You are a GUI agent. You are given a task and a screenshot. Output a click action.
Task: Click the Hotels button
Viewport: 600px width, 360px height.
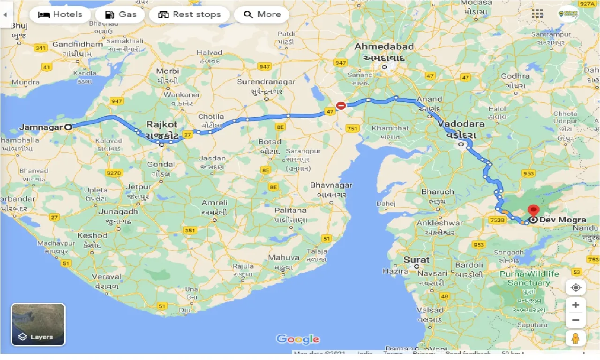(x=60, y=15)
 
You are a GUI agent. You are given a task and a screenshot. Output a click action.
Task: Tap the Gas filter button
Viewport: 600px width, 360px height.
(x=121, y=15)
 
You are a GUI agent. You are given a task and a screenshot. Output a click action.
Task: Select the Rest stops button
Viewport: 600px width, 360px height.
(x=189, y=15)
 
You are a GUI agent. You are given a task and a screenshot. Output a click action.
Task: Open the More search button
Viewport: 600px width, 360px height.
(x=262, y=15)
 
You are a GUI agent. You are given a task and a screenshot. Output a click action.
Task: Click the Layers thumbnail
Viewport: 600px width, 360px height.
(x=38, y=324)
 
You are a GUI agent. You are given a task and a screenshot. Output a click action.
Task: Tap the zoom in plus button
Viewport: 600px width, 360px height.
(x=576, y=305)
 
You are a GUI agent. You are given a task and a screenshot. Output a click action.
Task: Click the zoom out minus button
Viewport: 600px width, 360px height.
(x=576, y=321)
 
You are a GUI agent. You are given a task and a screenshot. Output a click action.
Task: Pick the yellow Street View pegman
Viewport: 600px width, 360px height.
(x=576, y=338)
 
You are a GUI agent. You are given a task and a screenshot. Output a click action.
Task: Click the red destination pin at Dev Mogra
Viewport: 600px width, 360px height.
(x=533, y=210)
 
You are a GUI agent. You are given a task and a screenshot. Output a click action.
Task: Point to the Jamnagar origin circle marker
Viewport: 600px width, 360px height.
(x=68, y=127)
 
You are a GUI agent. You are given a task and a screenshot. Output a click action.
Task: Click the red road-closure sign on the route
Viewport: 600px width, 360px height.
(x=341, y=106)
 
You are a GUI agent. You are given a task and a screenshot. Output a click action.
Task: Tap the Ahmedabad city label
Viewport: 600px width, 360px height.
(x=384, y=47)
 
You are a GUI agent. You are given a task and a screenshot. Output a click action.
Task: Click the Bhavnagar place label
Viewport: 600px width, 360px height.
(x=331, y=186)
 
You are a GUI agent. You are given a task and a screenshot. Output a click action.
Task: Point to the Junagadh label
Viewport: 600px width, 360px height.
(x=119, y=211)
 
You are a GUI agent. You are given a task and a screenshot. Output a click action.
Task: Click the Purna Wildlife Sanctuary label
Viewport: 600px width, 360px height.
(x=529, y=278)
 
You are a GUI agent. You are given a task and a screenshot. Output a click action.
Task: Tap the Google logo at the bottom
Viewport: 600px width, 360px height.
(x=298, y=339)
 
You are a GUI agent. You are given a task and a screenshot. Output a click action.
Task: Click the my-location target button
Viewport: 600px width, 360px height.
(x=576, y=287)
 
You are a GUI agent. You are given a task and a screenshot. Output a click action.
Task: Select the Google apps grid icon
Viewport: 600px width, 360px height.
(x=537, y=14)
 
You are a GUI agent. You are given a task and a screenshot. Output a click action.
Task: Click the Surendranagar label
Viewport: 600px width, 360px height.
(x=266, y=82)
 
